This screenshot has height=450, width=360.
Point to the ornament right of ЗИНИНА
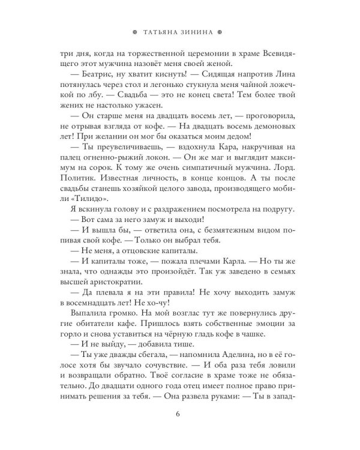point(221,33)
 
